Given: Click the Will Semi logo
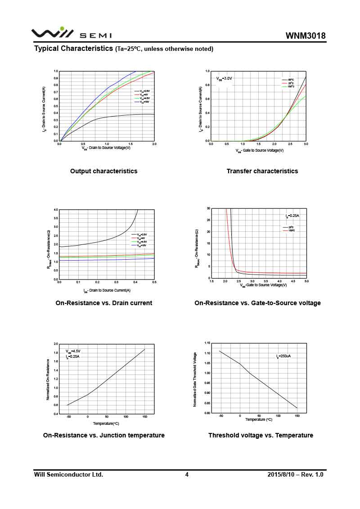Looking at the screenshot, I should [71, 34].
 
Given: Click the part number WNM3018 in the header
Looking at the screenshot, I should [305, 36].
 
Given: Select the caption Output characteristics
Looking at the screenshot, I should [104, 171].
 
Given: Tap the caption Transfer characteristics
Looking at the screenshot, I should [262, 171].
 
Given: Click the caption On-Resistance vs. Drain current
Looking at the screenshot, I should [104, 303].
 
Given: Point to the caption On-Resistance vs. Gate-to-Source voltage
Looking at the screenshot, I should [257, 303].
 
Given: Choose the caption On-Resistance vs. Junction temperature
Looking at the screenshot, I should [104, 435].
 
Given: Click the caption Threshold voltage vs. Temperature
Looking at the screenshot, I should [261, 435].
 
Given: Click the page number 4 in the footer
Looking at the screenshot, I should [187, 474].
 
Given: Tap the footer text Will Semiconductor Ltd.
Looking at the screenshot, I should [69, 474].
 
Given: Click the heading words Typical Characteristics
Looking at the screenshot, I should [73, 48].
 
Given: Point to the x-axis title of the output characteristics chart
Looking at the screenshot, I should [106, 148].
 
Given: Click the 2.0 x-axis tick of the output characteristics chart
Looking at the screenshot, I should [154, 144].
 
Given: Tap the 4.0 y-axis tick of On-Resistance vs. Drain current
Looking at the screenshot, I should [56, 210].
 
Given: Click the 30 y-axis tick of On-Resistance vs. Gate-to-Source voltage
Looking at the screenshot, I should [209, 208].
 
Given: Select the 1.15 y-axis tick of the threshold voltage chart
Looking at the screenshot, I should [207, 343].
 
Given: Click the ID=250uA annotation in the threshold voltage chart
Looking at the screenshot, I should [283, 356].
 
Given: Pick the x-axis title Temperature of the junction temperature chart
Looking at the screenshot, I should [106, 423].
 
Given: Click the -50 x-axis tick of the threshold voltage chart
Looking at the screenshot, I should [221, 416].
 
